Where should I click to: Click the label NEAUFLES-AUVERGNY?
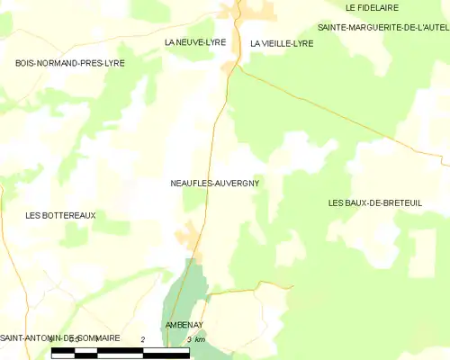click(x=215, y=183)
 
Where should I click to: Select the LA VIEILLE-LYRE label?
click(x=282, y=43)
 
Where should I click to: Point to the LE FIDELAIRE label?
click(x=373, y=8)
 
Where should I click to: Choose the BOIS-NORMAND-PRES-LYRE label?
click(x=70, y=63)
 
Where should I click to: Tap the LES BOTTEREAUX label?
click(x=61, y=215)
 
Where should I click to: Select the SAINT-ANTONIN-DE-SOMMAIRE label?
click(x=60, y=337)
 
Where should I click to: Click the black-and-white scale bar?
click(x=121, y=352)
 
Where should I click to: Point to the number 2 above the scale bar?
click(x=143, y=338)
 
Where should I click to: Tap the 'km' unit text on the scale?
click(x=200, y=339)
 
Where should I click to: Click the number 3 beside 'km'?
click(x=189, y=339)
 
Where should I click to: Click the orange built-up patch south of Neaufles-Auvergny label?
click(x=189, y=236)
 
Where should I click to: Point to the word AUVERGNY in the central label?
click(x=237, y=183)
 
